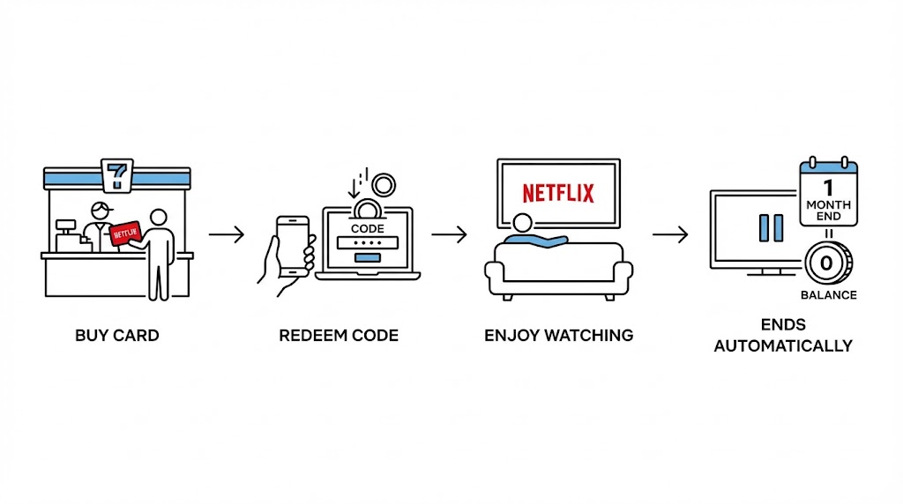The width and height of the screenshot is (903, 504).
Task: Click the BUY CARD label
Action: pos(117,336)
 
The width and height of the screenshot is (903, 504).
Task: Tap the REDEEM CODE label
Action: pos(339,336)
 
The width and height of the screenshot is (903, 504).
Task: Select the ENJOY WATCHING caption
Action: pos(558,336)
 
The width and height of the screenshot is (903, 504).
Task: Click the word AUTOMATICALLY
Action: pos(783,345)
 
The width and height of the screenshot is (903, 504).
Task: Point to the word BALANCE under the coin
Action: pos(828,295)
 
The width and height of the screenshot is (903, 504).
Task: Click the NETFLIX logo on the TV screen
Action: pos(558,193)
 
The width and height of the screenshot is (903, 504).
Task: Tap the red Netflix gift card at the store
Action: pos(124,232)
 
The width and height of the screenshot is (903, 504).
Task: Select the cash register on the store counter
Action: pos(65,237)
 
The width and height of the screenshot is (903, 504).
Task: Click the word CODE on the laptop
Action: pos(369,227)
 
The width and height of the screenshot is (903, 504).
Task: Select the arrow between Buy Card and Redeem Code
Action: pos(227,234)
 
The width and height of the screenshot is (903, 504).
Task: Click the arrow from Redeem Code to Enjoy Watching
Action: pos(449,234)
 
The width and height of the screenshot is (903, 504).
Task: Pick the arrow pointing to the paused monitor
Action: pos(670,234)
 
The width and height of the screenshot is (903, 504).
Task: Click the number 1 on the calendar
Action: pos(828,188)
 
